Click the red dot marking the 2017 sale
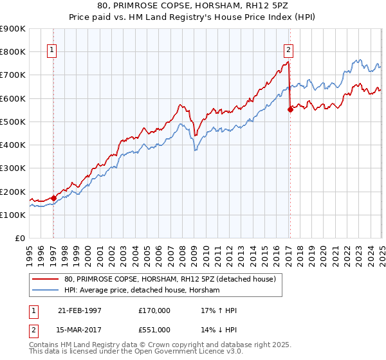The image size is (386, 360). point(290,109)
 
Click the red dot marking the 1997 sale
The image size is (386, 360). point(53,198)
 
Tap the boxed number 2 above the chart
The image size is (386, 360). point(289,50)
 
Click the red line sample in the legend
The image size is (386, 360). point(46,278)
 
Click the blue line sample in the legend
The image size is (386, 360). point(46,291)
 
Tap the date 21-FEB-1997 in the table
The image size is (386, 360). point(80,310)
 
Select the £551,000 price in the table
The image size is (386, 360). point(154,329)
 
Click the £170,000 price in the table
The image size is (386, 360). point(154,310)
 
